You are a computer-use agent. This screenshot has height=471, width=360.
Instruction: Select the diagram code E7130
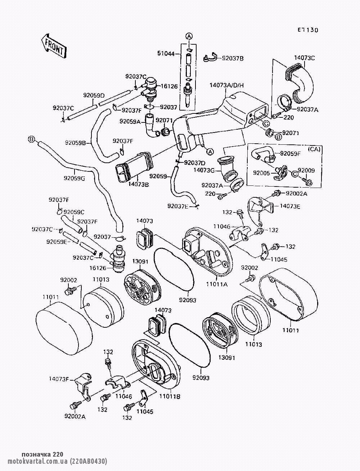tap(308, 30)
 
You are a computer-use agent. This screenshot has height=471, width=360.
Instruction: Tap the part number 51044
tap(166, 54)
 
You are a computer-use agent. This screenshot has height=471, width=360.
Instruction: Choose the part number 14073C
tap(305, 58)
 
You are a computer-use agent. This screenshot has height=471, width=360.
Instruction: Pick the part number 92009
tap(306, 170)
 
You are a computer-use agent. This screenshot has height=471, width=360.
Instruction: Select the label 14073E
tap(290, 206)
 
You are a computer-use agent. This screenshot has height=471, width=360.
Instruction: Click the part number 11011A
tap(216, 284)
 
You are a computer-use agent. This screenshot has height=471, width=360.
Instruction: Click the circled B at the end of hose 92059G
tap(31, 139)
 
